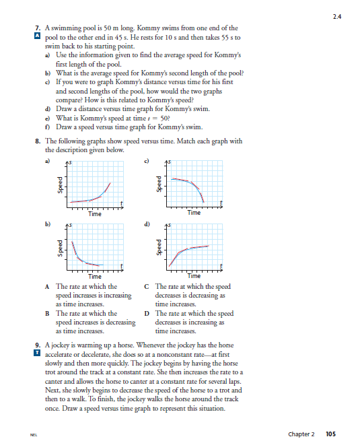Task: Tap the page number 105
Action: (330, 434)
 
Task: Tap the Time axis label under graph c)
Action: (194, 213)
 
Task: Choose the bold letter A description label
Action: (47, 287)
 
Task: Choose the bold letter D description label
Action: (146, 314)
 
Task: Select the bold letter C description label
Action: (146, 287)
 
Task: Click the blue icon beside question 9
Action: (38, 352)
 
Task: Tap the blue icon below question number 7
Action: (38, 35)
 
